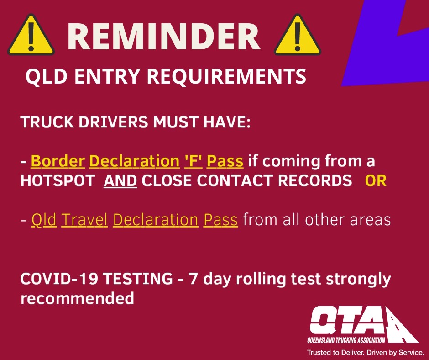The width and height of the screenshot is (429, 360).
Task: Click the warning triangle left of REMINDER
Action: (x=31, y=36)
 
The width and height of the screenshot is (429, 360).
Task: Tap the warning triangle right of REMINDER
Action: (x=298, y=36)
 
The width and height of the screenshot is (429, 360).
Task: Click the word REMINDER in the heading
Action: (x=164, y=37)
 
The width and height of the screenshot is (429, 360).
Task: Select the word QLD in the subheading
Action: (x=46, y=76)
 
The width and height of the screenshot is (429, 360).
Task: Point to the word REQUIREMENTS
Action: (x=226, y=76)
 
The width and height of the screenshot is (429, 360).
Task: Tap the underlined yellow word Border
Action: (x=58, y=161)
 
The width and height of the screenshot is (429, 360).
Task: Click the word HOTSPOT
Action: (x=58, y=181)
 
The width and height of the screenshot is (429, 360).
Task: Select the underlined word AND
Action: (x=120, y=181)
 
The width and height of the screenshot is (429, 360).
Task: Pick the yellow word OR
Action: (x=376, y=181)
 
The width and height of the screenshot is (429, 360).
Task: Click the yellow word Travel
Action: (x=84, y=220)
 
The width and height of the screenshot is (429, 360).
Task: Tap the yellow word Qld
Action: (x=44, y=220)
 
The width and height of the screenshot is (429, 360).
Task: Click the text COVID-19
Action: (x=59, y=279)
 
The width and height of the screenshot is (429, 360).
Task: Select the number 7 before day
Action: (x=193, y=279)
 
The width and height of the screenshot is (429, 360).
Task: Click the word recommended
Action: (x=78, y=298)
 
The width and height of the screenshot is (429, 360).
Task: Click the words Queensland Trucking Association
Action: (x=346, y=340)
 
